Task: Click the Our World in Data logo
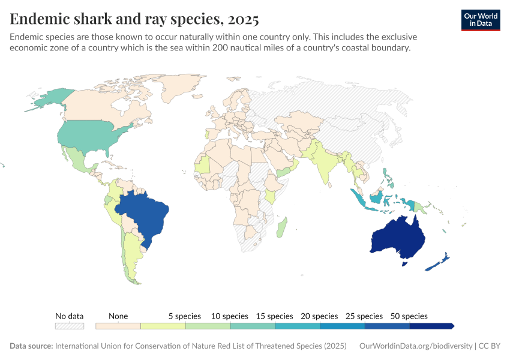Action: pyautogui.click(x=480, y=20)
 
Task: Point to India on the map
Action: pyautogui.click(x=324, y=162)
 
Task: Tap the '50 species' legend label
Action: pyautogui.click(x=408, y=316)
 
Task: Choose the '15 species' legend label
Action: pyautogui.click(x=274, y=316)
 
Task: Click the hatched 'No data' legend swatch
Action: pyautogui.click(x=69, y=326)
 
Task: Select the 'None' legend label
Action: pyautogui.click(x=118, y=316)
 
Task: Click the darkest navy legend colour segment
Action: pyautogui.click(x=431, y=326)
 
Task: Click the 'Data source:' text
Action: pyautogui.click(x=31, y=346)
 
